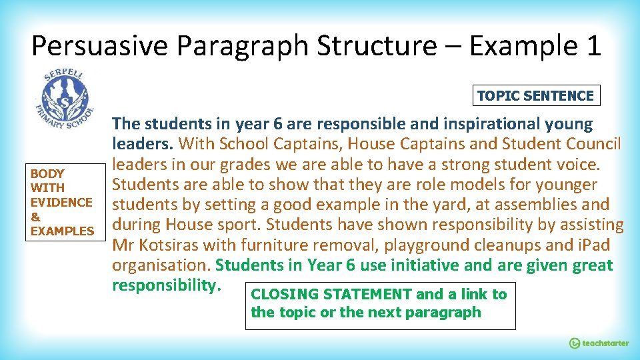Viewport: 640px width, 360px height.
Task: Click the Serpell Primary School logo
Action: tap(62, 98)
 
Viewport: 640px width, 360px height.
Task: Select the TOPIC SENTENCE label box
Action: tap(535, 95)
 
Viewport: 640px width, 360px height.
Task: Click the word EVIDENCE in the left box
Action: tap(61, 202)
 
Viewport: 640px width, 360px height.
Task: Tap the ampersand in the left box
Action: tap(35, 217)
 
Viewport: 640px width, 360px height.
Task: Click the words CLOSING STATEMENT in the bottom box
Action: tap(331, 294)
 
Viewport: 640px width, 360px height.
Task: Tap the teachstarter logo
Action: tap(598, 343)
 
